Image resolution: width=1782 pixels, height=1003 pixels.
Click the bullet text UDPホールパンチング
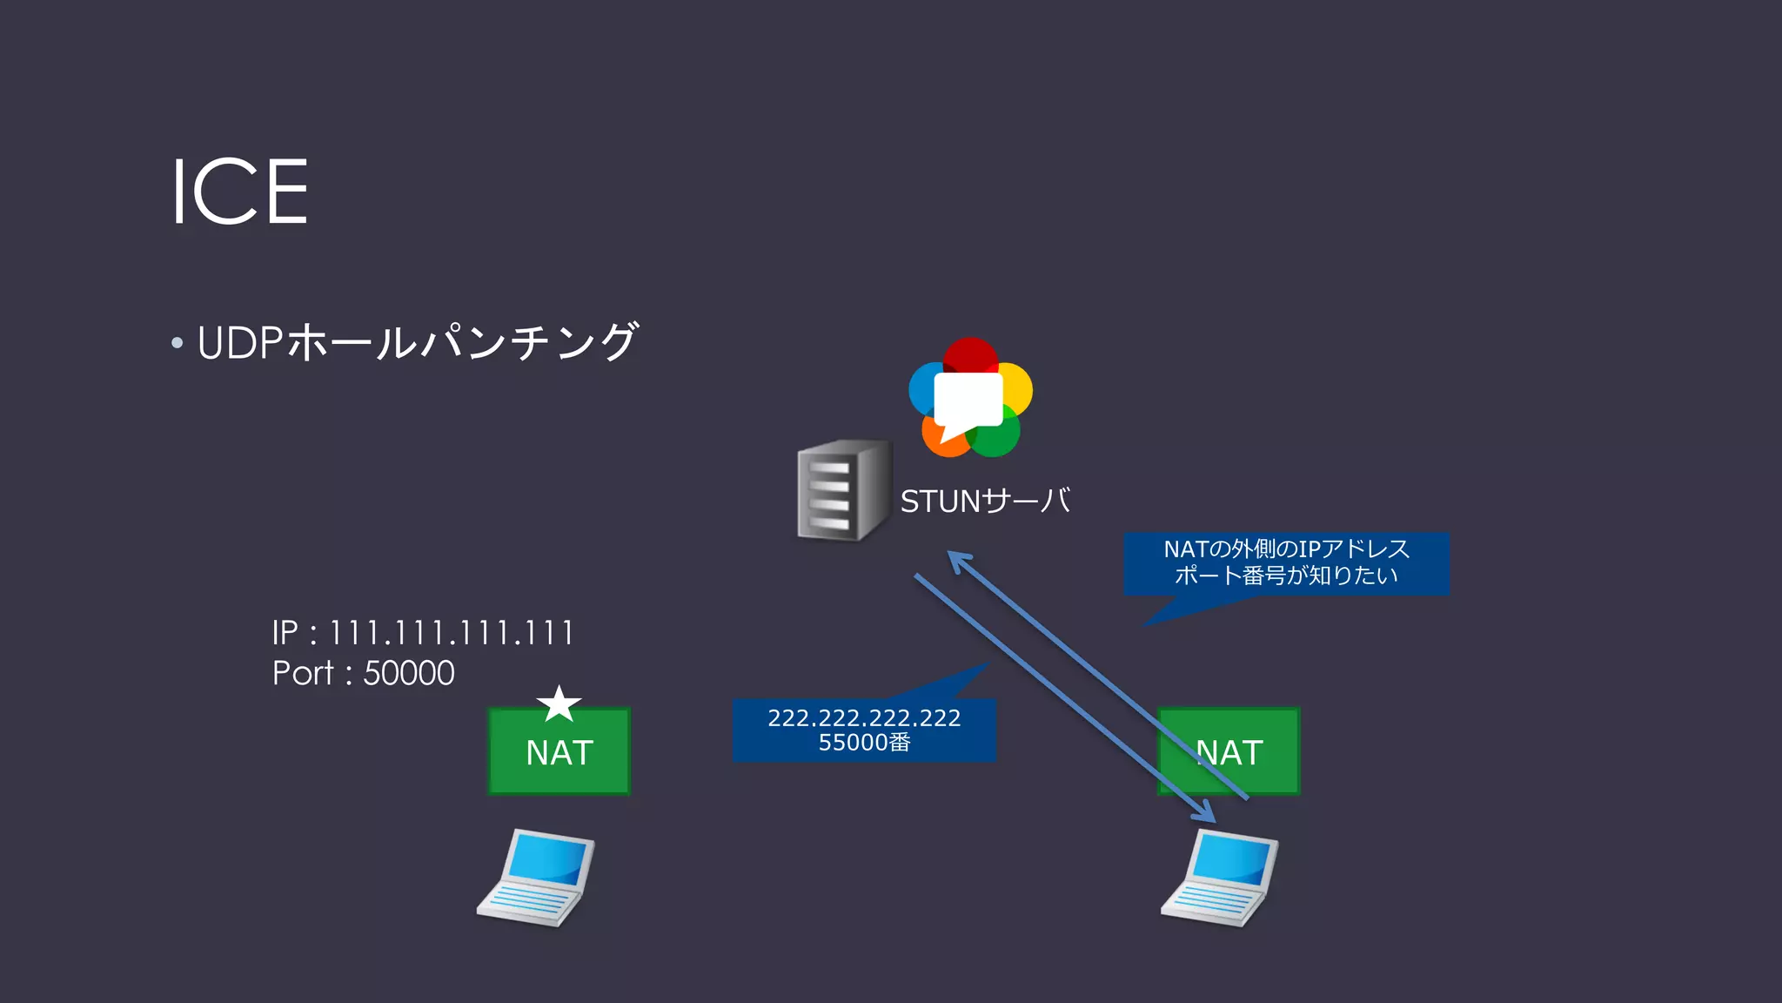pos(418,341)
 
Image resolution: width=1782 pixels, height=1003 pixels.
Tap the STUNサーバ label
pos(984,501)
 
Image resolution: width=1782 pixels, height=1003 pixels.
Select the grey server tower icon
pos(842,490)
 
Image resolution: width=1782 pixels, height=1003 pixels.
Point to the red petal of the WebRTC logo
pos(970,353)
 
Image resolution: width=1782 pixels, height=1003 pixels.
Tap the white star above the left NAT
pos(559,703)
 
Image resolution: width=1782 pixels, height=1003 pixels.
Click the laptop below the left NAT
pos(536,877)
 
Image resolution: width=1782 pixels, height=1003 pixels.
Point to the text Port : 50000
pos(363,673)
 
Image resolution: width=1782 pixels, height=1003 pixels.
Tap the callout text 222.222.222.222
pos(864,718)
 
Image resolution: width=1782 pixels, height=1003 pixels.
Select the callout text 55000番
pos(864,743)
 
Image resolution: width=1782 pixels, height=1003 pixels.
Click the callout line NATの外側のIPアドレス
pos(1286,549)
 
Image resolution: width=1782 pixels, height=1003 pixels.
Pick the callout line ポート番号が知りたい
pos(1286,576)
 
